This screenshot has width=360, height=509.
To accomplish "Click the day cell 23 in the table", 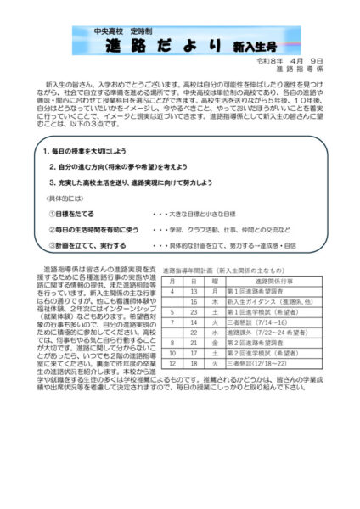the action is tap(194, 311).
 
